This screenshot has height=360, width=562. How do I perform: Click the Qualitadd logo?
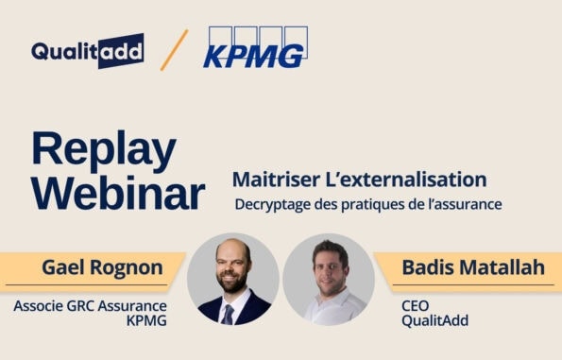pyautogui.click(x=87, y=50)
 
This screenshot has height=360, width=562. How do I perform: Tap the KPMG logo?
pyautogui.click(x=254, y=49)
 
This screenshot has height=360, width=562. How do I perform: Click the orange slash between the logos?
pyautogui.click(x=174, y=50)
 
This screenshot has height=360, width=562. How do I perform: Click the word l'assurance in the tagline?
pyautogui.click(x=459, y=203)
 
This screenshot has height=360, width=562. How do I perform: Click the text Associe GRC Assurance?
pyautogui.click(x=90, y=306)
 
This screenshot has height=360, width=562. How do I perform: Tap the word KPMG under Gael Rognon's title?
pyautogui.click(x=145, y=321)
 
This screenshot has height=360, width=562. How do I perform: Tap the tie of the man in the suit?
pyautogui.click(x=230, y=313)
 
